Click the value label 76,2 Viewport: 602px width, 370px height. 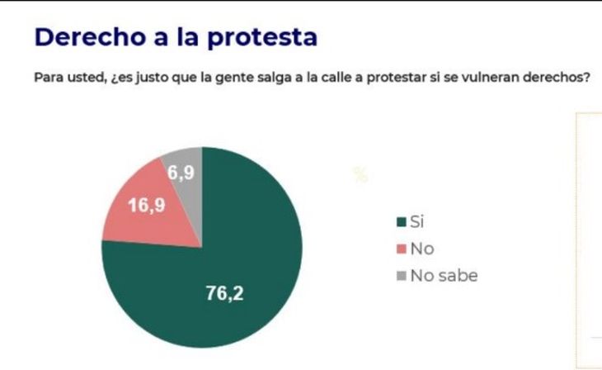click(x=224, y=292)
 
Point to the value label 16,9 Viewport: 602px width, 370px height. click(x=145, y=205)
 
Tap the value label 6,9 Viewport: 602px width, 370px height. click(x=181, y=173)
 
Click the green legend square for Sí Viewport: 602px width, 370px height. click(x=402, y=221)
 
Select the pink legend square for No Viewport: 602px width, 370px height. click(x=402, y=249)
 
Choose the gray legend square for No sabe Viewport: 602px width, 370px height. click(x=402, y=276)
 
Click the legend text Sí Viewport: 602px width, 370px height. click(x=417, y=221)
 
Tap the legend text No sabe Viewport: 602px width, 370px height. click(x=444, y=276)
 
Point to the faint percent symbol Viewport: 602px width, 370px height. click(x=360, y=174)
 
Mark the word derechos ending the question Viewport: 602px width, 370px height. click(x=557, y=78)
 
